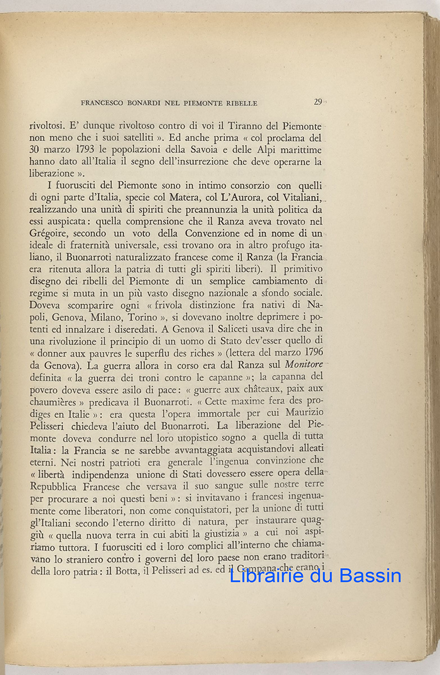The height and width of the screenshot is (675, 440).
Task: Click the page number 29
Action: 318,102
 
